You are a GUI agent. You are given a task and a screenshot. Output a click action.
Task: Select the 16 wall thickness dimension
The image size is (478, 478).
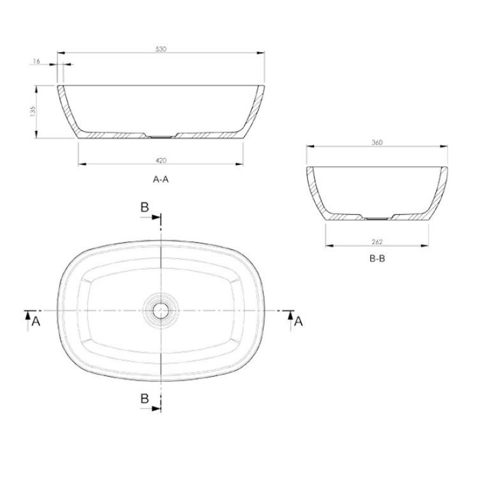(x=37, y=62)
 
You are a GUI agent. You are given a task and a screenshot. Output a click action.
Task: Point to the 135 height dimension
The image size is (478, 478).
(x=32, y=112)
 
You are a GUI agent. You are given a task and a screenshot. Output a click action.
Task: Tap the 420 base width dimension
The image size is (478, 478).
(x=161, y=160)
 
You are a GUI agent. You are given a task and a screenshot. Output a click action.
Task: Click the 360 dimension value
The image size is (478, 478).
(x=378, y=142)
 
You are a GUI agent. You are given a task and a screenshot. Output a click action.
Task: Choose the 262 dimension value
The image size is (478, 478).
(x=378, y=242)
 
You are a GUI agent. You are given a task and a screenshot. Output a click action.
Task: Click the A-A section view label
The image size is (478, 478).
(x=160, y=180)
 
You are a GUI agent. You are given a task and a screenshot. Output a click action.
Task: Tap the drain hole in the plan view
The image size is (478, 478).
(x=160, y=309)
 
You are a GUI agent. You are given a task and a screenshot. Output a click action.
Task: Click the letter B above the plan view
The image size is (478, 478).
(x=144, y=208)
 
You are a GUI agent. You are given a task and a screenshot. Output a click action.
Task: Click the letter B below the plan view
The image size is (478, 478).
(x=144, y=399)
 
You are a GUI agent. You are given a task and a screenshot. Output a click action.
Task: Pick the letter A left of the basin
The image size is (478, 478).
(x=36, y=321)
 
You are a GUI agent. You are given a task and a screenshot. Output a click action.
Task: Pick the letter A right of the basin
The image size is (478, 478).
(x=299, y=321)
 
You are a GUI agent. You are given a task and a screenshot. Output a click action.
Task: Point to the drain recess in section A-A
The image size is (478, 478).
(x=160, y=136)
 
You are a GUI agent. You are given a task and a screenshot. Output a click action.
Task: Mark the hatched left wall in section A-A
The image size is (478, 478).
(x=66, y=109)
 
